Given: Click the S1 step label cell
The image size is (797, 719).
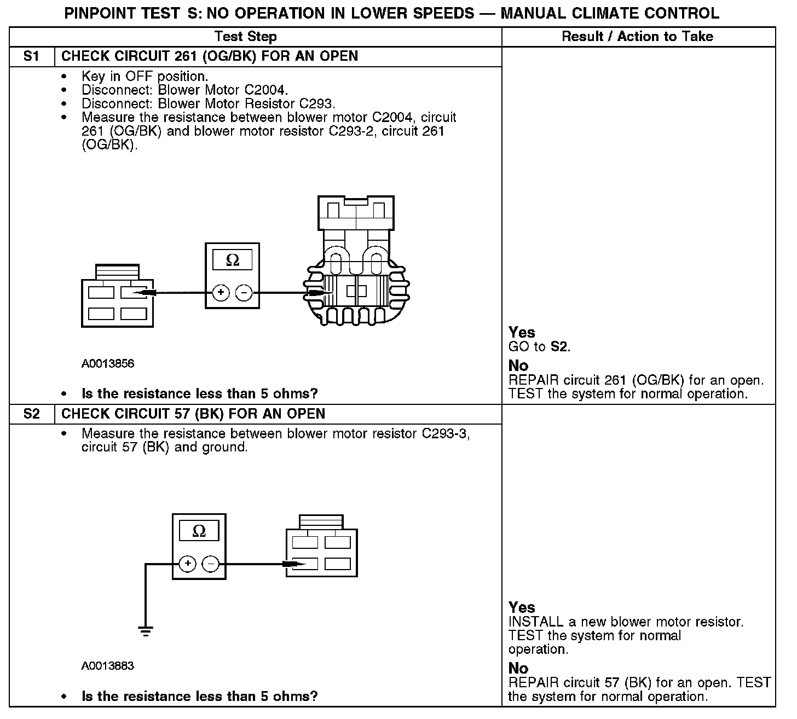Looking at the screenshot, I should tap(32, 56).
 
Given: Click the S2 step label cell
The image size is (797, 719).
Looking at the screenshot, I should tap(32, 414).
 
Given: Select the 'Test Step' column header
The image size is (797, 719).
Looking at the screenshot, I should tap(246, 37).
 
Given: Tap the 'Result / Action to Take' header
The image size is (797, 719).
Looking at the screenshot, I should tap(638, 37).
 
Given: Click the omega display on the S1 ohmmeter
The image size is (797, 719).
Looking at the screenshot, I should tap(233, 260).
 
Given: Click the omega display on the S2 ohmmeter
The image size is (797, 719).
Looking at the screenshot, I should tap(199, 531).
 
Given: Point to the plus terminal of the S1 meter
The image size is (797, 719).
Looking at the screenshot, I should tap(221, 293).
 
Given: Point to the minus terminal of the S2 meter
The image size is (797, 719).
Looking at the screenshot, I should tap(211, 564).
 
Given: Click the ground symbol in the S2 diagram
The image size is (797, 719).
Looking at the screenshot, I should tap(146, 631).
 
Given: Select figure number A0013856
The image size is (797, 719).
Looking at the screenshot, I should tap(108, 364).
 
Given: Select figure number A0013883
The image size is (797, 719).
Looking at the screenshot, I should tap(108, 666).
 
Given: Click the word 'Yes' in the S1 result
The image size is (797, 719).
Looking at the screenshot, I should tap(522, 332).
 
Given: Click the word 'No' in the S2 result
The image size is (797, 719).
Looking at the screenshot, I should tap(518, 668).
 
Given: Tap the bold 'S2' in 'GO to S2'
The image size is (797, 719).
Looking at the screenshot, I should tap(559, 346).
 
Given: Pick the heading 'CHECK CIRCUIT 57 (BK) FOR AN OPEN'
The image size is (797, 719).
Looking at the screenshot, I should tap(193, 414).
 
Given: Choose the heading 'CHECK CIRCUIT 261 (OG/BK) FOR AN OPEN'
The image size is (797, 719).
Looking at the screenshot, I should tap(210, 56).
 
